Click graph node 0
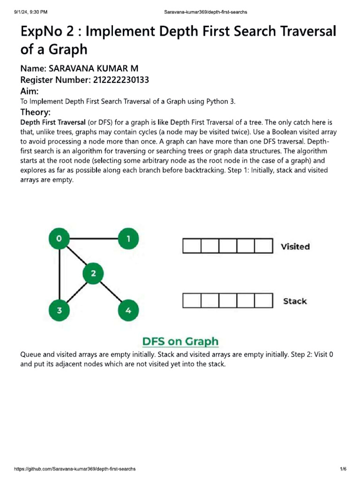(x=60, y=239)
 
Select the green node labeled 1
(x=128, y=239)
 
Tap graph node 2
(x=94, y=274)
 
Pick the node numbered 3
(x=60, y=310)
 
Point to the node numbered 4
(x=128, y=310)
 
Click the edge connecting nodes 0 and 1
(x=94, y=239)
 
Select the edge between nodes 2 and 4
(x=111, y=292)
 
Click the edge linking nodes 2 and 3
(x=76, y=292)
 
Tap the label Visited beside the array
(x=295, y=247)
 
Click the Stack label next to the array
(x=295, y=301)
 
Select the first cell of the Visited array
(x=192, y=246)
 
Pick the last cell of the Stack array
(x=263, y=301)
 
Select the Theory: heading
(x=36, y=112)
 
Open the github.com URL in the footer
(x=75, y=469)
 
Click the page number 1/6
(x=343, y=469)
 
